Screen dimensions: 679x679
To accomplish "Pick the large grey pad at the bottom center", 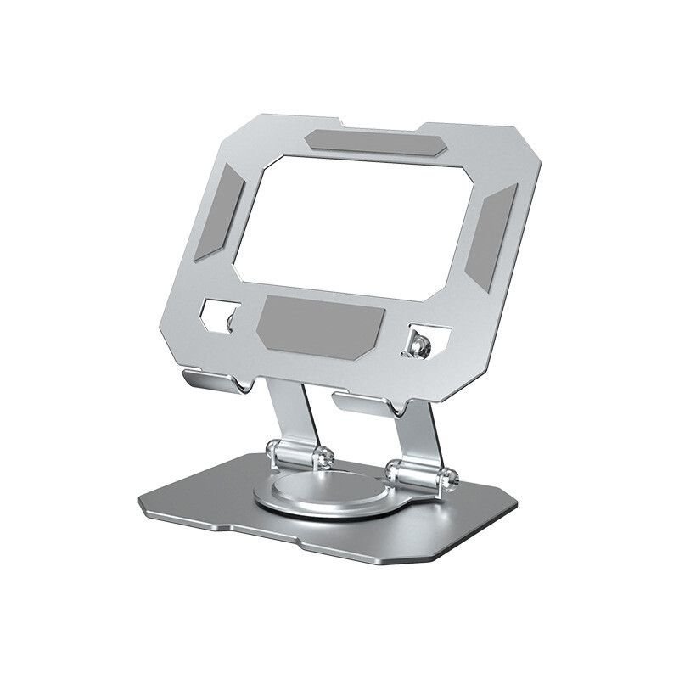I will point(321,324).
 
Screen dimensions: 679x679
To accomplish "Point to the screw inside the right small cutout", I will point(418,344).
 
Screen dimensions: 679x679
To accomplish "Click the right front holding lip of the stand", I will point(365,402).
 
